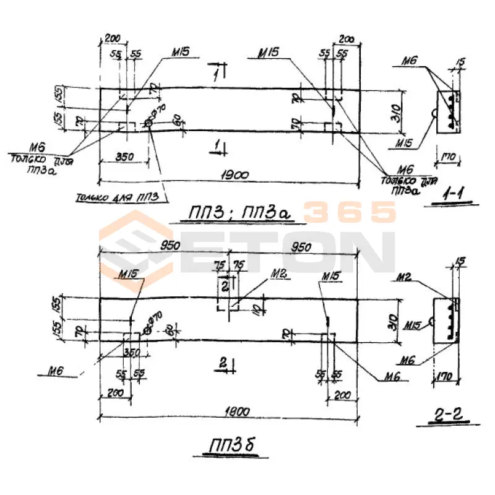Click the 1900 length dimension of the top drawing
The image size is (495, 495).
pyautogui.click(x=233, y=174)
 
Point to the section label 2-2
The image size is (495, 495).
pyautogui.click(x=447, y=416)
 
